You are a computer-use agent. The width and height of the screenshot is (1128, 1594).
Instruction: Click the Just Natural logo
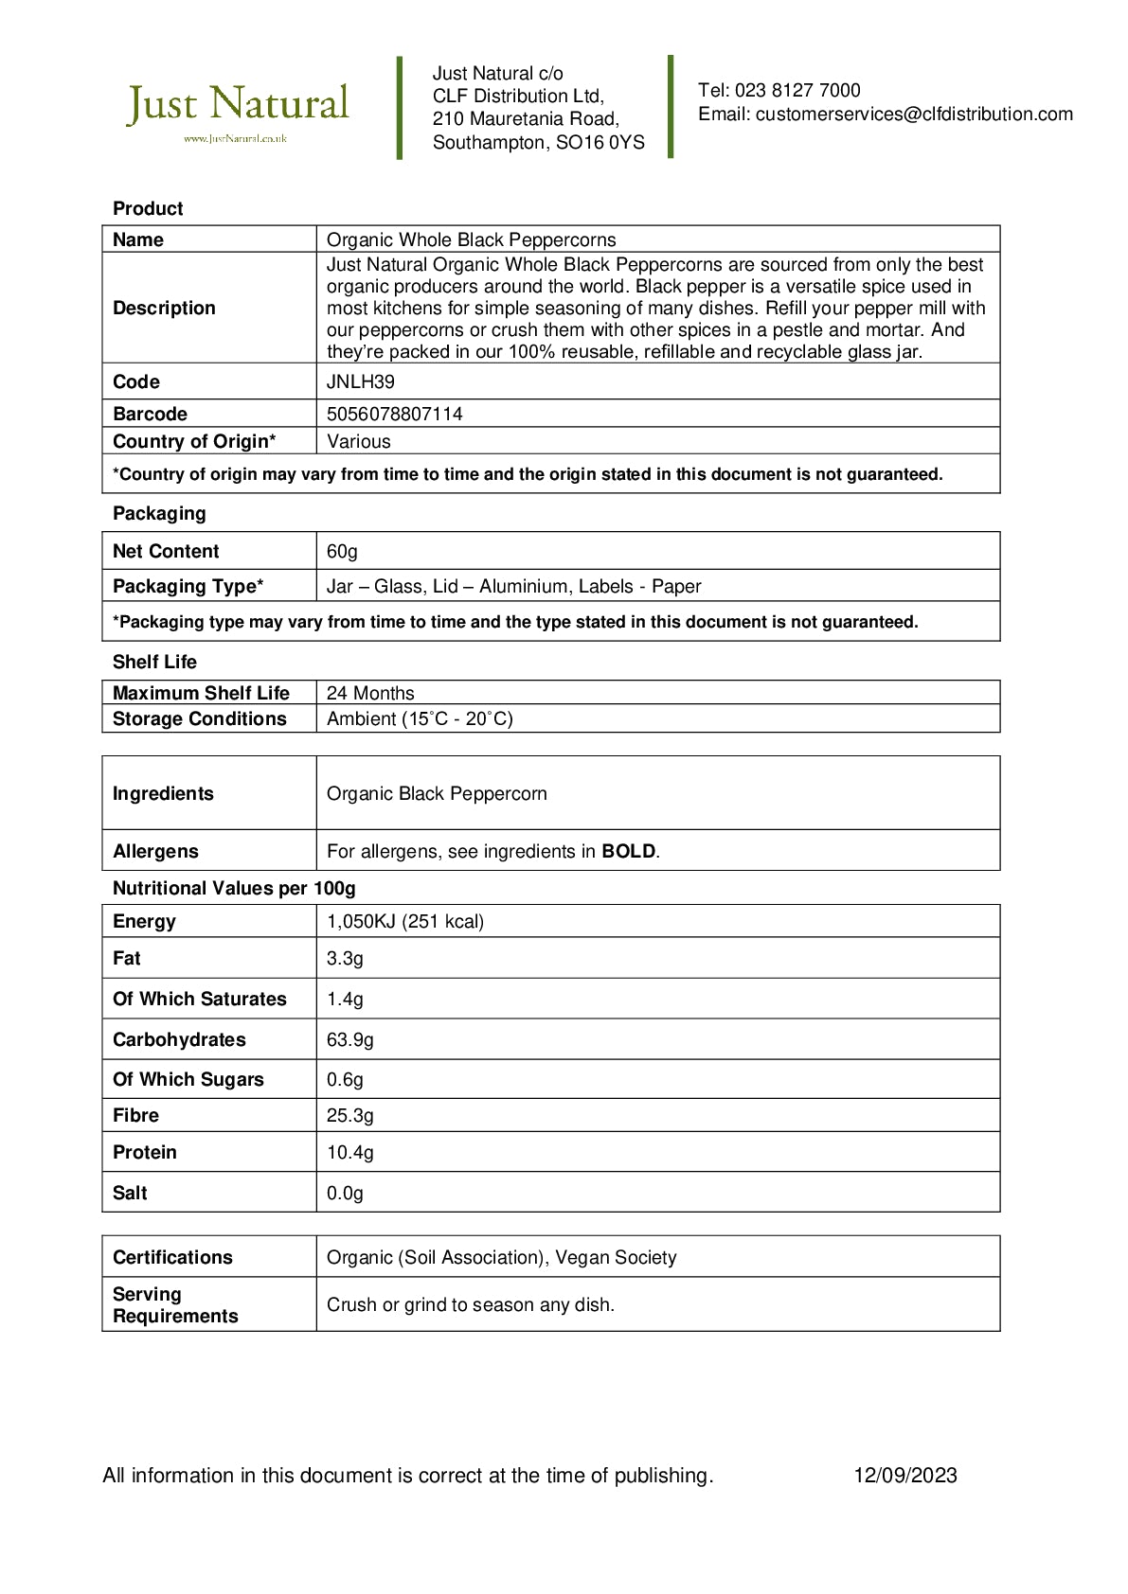tap(238, 109)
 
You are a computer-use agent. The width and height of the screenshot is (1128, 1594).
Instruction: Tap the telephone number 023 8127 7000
tap(797, 91)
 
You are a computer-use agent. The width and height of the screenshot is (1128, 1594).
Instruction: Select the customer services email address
tap(914, 115)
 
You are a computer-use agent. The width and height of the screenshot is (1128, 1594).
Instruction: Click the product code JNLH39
tap(361, 382)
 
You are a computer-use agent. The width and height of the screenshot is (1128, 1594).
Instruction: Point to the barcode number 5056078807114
tap(395, 415)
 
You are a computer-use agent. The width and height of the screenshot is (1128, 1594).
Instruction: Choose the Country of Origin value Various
tap(359, 442)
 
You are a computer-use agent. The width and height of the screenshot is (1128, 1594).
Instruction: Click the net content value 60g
tap(342, 552)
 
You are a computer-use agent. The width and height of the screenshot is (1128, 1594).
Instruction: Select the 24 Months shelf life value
tap(370, 694)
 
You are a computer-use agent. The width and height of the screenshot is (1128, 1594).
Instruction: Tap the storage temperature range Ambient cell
tap(420, 719)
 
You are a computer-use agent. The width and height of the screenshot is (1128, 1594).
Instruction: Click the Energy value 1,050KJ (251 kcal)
tap(405, 922)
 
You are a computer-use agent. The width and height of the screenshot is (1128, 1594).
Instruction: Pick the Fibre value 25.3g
tap(350, 1116)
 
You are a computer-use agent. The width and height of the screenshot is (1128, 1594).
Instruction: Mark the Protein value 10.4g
tap(350, 1153)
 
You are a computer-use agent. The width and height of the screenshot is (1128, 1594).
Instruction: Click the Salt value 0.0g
tap(345, 1194)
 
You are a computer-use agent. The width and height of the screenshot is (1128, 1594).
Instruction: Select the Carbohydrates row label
tap(179, 1040)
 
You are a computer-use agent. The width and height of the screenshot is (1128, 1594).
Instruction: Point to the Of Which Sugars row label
tap(188, 1080)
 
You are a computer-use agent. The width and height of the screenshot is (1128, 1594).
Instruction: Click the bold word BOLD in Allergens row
tap(629, 852)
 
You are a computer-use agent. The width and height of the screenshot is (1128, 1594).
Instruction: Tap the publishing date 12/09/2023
tap(905, 1476)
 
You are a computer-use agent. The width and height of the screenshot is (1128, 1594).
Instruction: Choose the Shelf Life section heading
tap(154, 663)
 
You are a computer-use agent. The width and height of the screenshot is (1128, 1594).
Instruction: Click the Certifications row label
tap(172, 1258)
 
